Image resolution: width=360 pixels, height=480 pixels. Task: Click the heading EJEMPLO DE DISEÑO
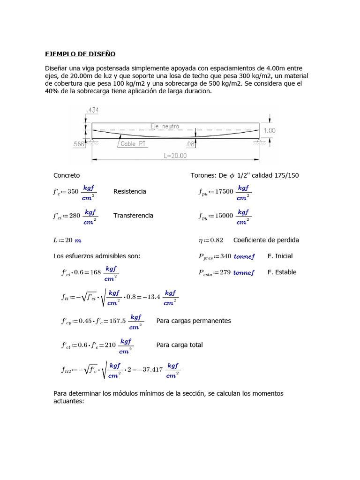pyautogui.click(x=80, y=54)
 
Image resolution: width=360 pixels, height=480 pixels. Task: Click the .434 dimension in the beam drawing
pyautogui.click(x=92, y=110)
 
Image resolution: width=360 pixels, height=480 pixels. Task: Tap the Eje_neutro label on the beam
pyautogui.click(x=165, y=126)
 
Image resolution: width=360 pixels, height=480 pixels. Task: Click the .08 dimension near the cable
pyautogui.click(x=189, y=144)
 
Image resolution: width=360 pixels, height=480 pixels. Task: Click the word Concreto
pyautogui.click(x=67, y=175)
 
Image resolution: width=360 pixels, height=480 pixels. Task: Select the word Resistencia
pyautogui.click(x=129, y=191)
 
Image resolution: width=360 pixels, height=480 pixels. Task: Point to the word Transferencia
pyautogui.click(x=133, y=216)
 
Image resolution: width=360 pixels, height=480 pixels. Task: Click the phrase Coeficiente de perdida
pyautogui.click(x=266, y=240)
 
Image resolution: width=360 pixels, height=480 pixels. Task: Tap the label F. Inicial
pyautogui.click(x=280, y=256)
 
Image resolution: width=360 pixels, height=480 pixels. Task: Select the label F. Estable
pyautogui.click(x=282, y=272)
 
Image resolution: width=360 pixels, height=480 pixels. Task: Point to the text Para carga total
pyautogui.click(x=180, y=345)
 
